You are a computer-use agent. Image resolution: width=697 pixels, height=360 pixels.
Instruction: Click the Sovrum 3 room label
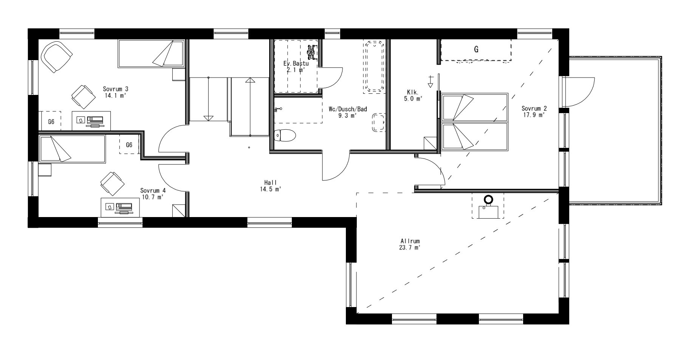click(x=115, y=92)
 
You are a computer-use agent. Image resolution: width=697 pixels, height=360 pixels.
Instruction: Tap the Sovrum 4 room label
click(x=153, y=194)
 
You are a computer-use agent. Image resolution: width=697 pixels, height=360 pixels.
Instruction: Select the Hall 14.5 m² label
click(x=270, y=186)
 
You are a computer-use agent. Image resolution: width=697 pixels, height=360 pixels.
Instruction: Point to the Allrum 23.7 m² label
click(x=410, y=244)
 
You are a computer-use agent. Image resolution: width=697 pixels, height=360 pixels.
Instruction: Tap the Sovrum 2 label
click(x=534, y=111)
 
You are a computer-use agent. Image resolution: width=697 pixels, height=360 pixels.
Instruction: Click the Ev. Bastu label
click(x=296, y=67)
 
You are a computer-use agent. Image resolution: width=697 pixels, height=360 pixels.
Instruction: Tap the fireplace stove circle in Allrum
click(x=489, y=199)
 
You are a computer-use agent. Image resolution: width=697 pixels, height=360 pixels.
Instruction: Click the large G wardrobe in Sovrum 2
click(x=476, y=50)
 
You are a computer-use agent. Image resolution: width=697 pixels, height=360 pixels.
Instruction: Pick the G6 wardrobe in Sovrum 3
click(x=51, y=122)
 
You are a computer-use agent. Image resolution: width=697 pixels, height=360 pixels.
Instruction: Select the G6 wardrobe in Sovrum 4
click(x=129, y=144)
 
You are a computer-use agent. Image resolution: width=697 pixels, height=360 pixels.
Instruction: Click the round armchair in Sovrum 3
click(x=57, y=56)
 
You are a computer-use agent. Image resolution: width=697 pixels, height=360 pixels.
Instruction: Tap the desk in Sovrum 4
click(x=120, y=207)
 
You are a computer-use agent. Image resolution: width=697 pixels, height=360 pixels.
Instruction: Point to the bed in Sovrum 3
click(x=151, y=53)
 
